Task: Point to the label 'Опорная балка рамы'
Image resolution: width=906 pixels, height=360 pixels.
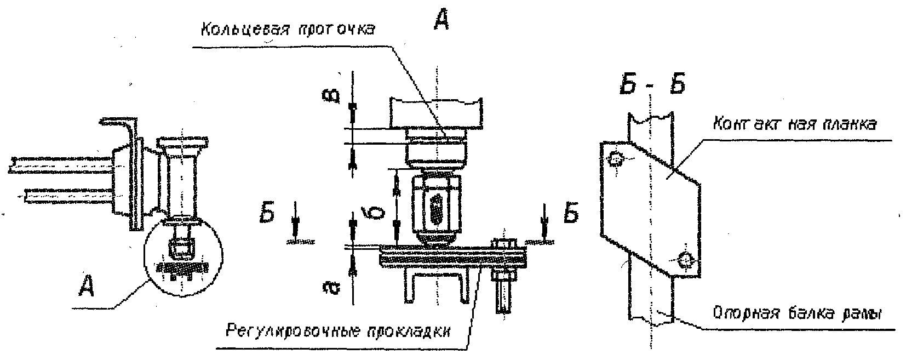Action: tap(798, 315)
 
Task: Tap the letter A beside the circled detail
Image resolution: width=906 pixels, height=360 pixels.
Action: tap(87, 286)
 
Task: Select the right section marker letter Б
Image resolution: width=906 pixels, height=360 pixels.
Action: tap(570, 215)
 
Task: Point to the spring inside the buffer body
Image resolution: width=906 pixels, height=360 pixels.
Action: tap(436, 208)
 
